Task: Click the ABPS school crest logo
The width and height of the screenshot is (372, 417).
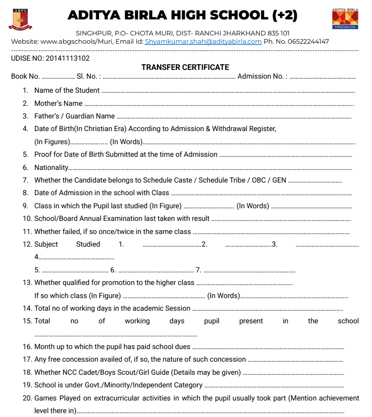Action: pyautogui.click(x=20, y=18)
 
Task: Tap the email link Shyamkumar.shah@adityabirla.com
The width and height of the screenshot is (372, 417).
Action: pyautogui.click(x=203, y=42)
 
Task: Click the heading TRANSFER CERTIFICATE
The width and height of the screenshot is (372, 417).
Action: pyautogui.click(x=185, y=67)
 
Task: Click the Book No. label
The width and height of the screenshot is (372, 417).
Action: pyautogui.click(x=25, y=77)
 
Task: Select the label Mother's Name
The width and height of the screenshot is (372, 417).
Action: pyautogui.click(x=58, y=103)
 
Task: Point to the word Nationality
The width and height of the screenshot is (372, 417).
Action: pyautogui.click(x=51, y=167)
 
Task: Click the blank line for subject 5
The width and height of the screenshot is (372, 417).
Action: pyautogui.click(x=75, y=270)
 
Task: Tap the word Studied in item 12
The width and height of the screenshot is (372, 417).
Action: pyautogui.click(x=88, y=244)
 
